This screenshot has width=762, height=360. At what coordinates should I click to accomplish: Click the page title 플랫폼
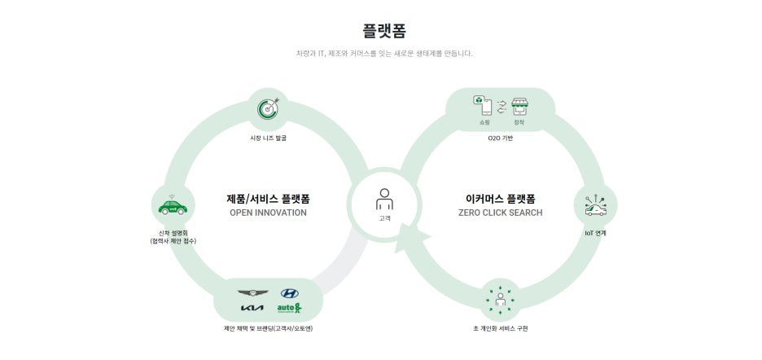point(384,32)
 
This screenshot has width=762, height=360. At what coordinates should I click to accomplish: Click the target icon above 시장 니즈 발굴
point(268,109)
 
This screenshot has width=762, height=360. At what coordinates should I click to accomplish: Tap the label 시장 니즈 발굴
point(268,138)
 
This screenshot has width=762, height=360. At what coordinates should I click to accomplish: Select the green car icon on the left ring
point(173,206)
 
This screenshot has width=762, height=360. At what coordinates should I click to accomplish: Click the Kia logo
point(252,308)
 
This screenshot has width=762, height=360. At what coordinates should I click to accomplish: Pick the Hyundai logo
point(290,293)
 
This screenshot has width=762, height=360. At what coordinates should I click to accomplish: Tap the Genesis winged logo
point(252,293)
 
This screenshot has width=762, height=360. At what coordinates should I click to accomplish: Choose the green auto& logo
point(289,308)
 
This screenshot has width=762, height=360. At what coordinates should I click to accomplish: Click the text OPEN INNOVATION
point(268,213)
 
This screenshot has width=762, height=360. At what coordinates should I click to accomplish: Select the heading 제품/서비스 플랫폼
point(268,198)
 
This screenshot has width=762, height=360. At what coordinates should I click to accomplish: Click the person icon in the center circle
point(384,198)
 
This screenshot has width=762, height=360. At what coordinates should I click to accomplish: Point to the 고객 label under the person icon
point(384,217)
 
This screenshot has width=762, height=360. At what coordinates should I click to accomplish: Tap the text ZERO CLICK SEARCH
point(500,213)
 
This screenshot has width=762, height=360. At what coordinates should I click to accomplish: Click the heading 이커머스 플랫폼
point(500,198)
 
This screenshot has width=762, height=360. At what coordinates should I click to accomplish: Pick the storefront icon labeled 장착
point(519,105)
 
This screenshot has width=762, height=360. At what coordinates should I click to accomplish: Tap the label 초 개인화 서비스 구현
point(500,328)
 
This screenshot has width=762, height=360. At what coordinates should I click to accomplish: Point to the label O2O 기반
point(500,138)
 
